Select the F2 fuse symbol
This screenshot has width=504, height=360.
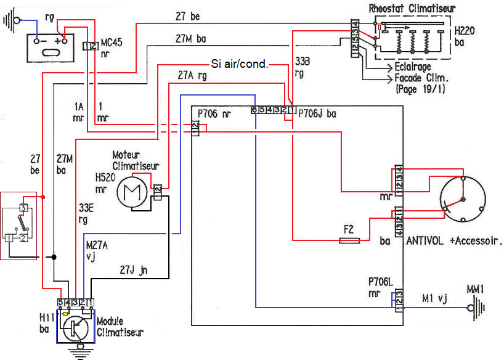pos(349,242)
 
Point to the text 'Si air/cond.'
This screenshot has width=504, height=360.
pos(239,63)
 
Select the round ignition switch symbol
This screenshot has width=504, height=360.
pos(461,200)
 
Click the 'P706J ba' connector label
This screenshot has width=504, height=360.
pos(317,113)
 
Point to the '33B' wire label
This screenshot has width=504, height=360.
pos(303,62)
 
